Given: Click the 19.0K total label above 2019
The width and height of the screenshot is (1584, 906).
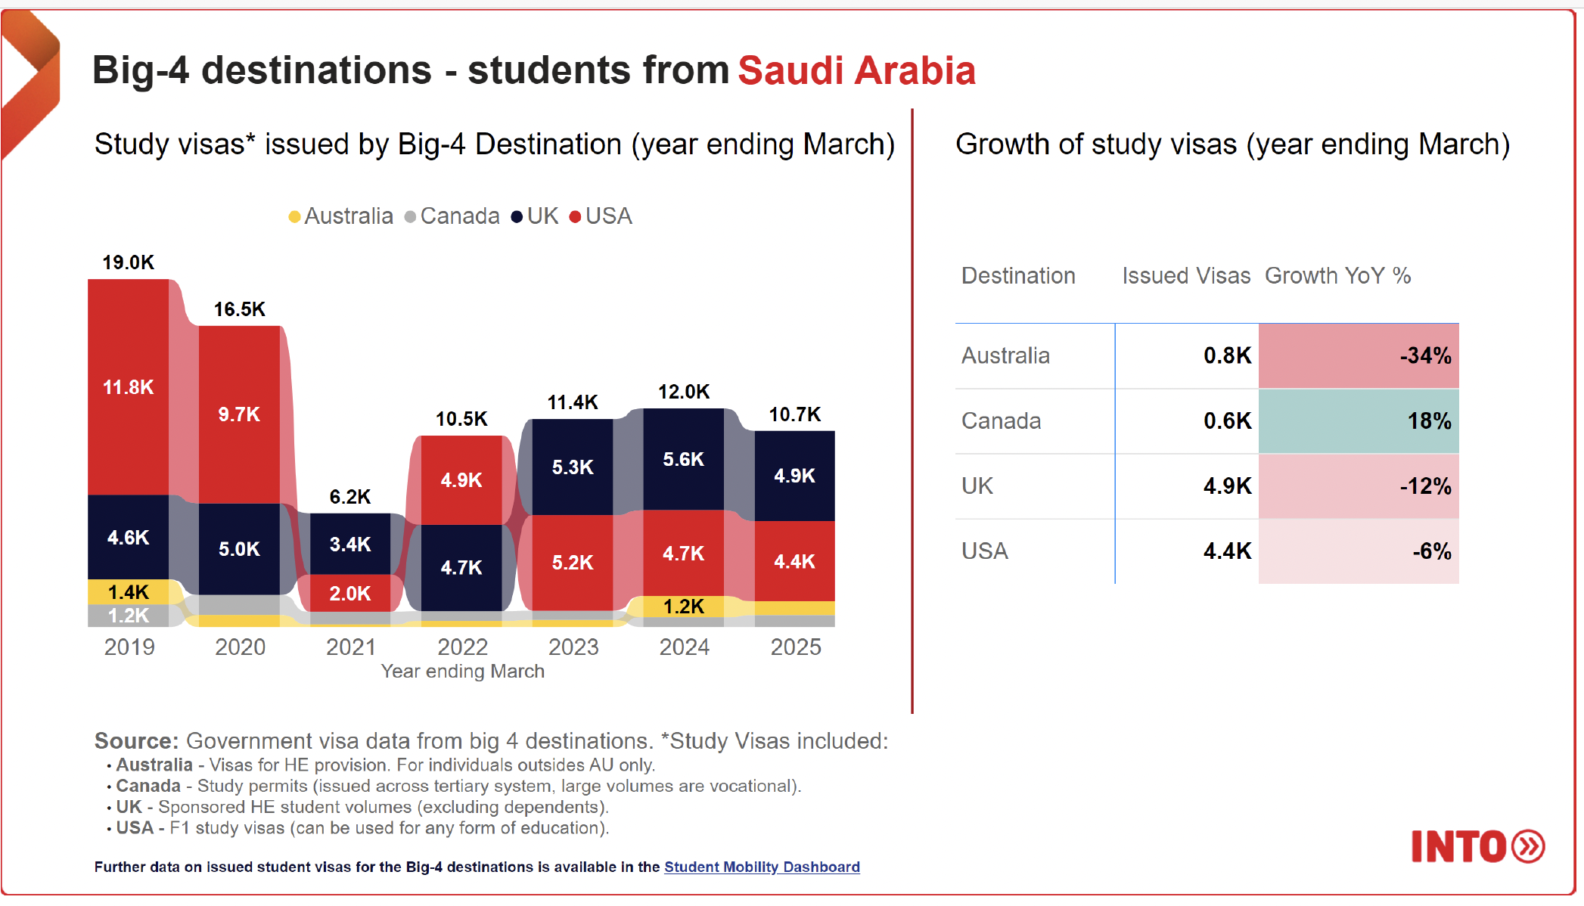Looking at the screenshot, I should tap(128, 262).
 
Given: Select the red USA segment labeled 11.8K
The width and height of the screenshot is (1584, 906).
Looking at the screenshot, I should tap(128, 387).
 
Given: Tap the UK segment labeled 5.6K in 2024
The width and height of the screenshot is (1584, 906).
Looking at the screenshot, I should tap(683, 459).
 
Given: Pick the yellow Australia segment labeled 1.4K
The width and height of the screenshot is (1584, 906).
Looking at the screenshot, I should tap(128, 591).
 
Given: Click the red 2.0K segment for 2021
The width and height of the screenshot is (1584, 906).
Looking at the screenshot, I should tap(349, 593).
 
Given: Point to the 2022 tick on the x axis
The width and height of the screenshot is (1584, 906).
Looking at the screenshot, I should tap(462, 647).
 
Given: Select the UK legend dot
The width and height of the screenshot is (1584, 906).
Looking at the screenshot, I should tap(517, 217).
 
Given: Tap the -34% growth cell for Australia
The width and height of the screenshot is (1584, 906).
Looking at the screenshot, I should tap(1358, 355).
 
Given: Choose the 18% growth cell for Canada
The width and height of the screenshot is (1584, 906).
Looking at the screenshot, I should tap(1358, 420).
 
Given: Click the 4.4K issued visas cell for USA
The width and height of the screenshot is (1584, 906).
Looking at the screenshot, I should tap(1226, 551).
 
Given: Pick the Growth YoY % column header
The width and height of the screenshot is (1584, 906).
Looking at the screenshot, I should tap(1337, 275).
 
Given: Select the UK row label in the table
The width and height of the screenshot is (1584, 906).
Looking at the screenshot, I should tap(977, 486).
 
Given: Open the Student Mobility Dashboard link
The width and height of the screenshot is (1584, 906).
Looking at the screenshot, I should tap(761, 867).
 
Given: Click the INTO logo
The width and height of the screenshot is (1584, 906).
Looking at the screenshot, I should tap(1477, 846).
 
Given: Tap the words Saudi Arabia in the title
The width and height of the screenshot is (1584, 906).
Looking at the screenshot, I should tap(856, 70).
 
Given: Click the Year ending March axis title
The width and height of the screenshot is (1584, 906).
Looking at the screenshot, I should tap(462, 671).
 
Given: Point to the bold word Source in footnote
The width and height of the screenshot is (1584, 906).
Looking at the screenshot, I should tap(135, 740).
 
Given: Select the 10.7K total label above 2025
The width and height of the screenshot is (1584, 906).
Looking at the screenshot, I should tap(794, 414).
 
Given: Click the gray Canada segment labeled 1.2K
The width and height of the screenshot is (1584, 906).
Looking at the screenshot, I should tap(128, 616).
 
